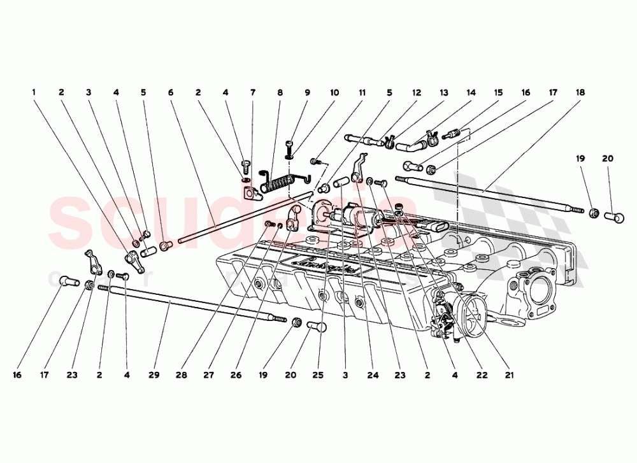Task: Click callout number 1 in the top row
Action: click(x=34, y=92)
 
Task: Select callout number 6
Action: click(x=171, y=92)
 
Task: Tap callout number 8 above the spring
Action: click(x=280, y=92)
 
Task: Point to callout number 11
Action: click(x=362, y=92)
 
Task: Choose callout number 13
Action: click(x=443, y=92)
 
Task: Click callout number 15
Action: click(x=498, y=92)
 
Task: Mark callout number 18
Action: click(x=580, y=92)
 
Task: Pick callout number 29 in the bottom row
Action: click(x=154, y=375)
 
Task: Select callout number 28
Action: click(x=181, y=375)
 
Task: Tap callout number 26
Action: click(x=236, y=375)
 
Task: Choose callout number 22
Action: click(x=482, y=375)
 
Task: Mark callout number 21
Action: click(x=509, y=375)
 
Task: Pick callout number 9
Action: click(x=307, y=92)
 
